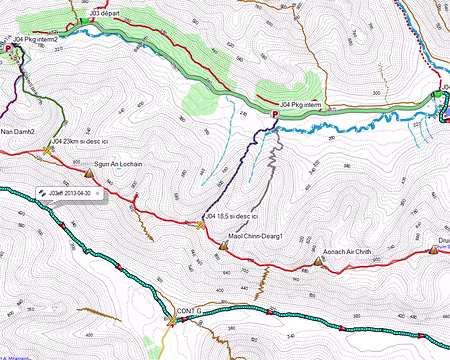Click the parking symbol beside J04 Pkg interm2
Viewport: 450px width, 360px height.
[11, 46]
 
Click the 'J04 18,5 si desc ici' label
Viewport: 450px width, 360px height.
[232, 216]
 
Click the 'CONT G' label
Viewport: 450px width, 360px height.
[189, 311]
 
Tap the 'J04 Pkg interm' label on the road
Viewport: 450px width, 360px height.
[300, 103]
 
